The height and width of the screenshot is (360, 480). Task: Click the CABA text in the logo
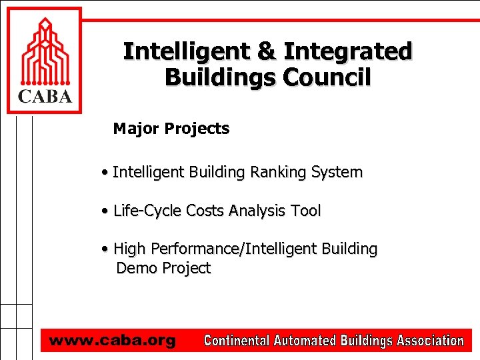(x=43, y=97)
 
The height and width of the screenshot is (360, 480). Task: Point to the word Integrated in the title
(x=348, y=51)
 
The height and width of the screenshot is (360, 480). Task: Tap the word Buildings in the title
(x=220, y=77)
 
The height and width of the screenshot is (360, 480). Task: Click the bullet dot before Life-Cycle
(x=106, y=211)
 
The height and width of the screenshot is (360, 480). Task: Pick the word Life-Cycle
(x=147, y=211)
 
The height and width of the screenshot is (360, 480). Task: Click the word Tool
(x=306, y=211)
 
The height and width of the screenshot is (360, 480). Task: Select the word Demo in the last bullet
(x=134, y=269)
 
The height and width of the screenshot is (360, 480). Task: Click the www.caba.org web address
(x=112, y=341)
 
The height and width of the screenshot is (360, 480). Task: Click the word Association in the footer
(x=430, y=341)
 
